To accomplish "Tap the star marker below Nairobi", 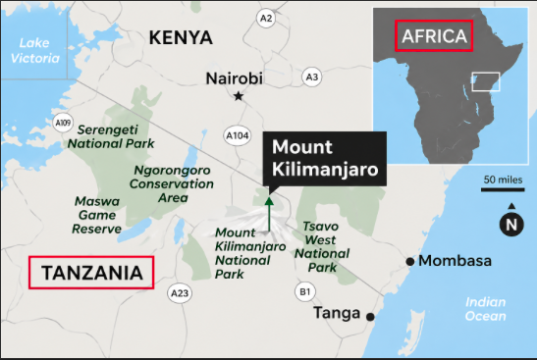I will click(239, 96).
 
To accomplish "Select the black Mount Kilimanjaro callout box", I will click(323, 160).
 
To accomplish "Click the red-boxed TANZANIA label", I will click(93, 272).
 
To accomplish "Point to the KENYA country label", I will click(181, 38).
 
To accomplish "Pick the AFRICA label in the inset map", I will click(434, 37).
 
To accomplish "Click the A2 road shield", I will click(265, 19).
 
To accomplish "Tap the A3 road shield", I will click(312, 76).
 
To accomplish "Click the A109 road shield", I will click(64, 123).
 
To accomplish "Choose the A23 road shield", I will click(179, 292).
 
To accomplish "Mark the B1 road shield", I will click(305, 290).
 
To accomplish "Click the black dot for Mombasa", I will click(410, 261).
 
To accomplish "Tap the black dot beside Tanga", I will click(370, 317).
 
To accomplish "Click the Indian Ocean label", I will click(486, 309).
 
